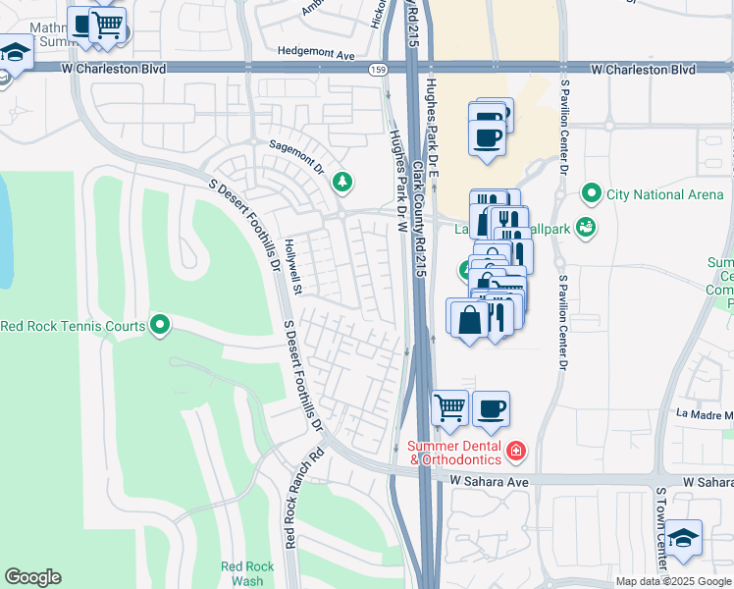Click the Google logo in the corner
[x=32, y=577]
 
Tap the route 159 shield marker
[x=378, y=70]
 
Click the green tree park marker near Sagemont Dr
[x=341, y=181]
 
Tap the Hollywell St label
[x=291, y=265]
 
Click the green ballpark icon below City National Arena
[x=587, y=228]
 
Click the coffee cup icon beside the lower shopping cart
[x=491, y=406]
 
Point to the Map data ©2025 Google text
[x=672, y=580]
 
